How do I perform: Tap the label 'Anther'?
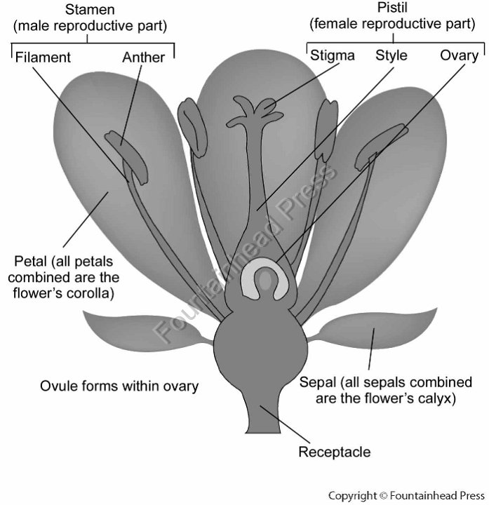tap(143, 57)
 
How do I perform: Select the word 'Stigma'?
tap(332, 55)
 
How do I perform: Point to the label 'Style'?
tap(391, 55)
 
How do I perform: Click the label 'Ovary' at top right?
tap(459, 55)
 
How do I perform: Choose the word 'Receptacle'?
tap(334, 452)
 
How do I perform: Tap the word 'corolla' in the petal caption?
tap(91, 292)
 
